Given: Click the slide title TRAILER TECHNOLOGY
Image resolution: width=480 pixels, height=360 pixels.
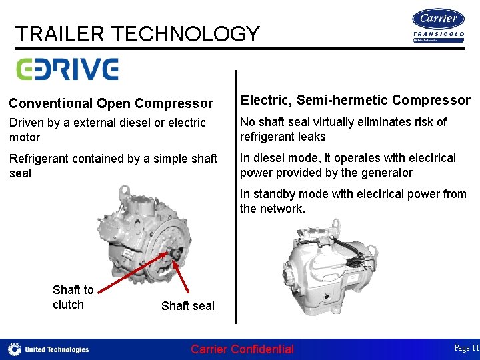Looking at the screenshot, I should pyautogui.click(x=137, y=33).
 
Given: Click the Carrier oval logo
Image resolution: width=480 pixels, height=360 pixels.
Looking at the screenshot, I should pyautogui.click(x=438, y=19).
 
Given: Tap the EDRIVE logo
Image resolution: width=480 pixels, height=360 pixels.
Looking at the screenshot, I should pyautogui.click(x=67, y=69).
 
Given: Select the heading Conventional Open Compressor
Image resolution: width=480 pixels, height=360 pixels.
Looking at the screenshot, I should pyautogui.click(x=111, y=103).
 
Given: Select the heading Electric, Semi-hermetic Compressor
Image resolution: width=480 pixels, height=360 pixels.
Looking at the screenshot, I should pyautogui.click(x=355, y=100).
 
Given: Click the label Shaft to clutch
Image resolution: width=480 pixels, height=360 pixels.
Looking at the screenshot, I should pyautogui.click(x=73, y=297).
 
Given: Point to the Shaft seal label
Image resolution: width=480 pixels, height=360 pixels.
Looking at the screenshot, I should pyautogui.click(x=188, y=306).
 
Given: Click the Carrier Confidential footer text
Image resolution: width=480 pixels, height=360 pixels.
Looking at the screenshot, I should pyautogui.click(x=242, y=349).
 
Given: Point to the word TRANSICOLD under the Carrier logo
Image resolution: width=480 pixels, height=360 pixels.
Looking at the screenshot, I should pyautogui.click(x=438, y=34).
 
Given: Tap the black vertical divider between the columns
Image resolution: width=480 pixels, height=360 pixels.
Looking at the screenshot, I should pyautogui.click(x=236, y=200).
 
